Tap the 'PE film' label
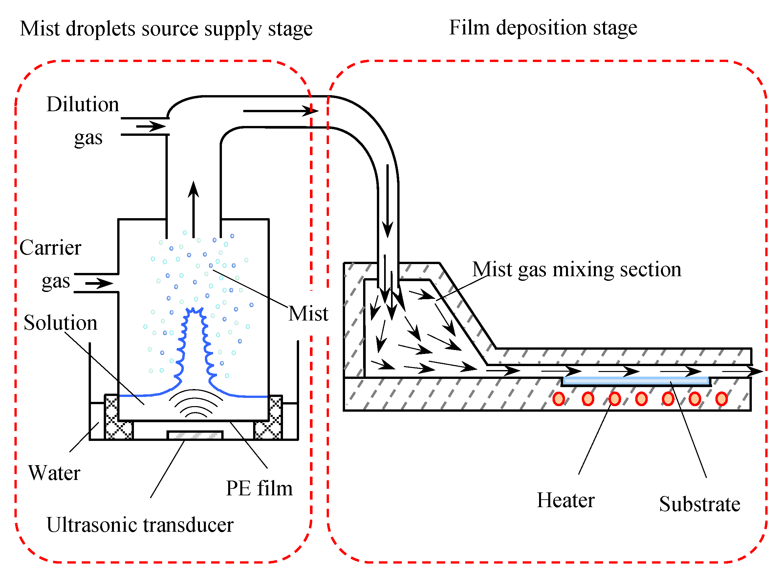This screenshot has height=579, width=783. click(259, 488)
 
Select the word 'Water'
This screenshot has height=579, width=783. click(54, 473)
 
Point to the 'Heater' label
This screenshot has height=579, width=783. click(565, 501)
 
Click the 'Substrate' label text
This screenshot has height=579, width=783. click(699, 504)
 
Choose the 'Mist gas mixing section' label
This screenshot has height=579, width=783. click(576, 270)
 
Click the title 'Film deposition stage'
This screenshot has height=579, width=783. click(543, 28)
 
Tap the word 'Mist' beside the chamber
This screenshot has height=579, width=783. click(308, 314)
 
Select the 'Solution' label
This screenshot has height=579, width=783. click(60, 323)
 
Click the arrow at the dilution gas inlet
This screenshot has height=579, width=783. click(151, 126)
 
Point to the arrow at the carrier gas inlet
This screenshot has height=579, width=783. click(99, 283)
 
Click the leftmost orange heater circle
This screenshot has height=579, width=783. click(558, 399)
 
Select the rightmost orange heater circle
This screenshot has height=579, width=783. click(721, 399)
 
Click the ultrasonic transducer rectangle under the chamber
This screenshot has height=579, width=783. click(195, 436)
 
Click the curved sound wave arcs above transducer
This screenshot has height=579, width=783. click(195, 403)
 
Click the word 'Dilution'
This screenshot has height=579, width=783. click(83, 104)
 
